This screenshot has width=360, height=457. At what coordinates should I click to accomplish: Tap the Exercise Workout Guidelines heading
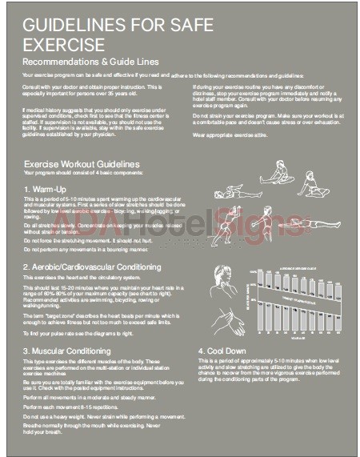pyautogui.click(x=82, y=165)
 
